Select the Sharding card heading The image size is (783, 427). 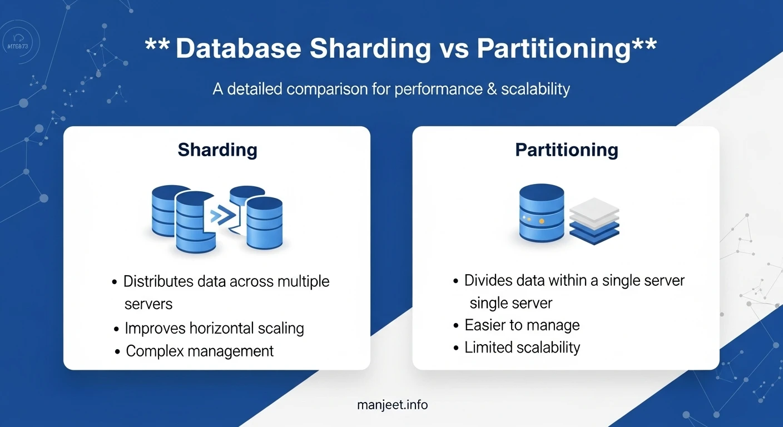217,150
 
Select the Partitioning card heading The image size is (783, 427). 567,150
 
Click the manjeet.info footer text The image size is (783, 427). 393,405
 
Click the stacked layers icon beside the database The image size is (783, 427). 594,218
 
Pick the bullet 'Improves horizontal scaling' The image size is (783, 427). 214,328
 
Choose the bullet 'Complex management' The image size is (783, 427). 200,351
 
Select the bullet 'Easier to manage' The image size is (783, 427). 522,325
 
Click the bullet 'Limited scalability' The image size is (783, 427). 522,347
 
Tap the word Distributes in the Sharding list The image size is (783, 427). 158,281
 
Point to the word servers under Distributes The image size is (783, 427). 148,304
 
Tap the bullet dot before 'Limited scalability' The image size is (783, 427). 456,349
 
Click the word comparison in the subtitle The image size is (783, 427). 322,89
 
